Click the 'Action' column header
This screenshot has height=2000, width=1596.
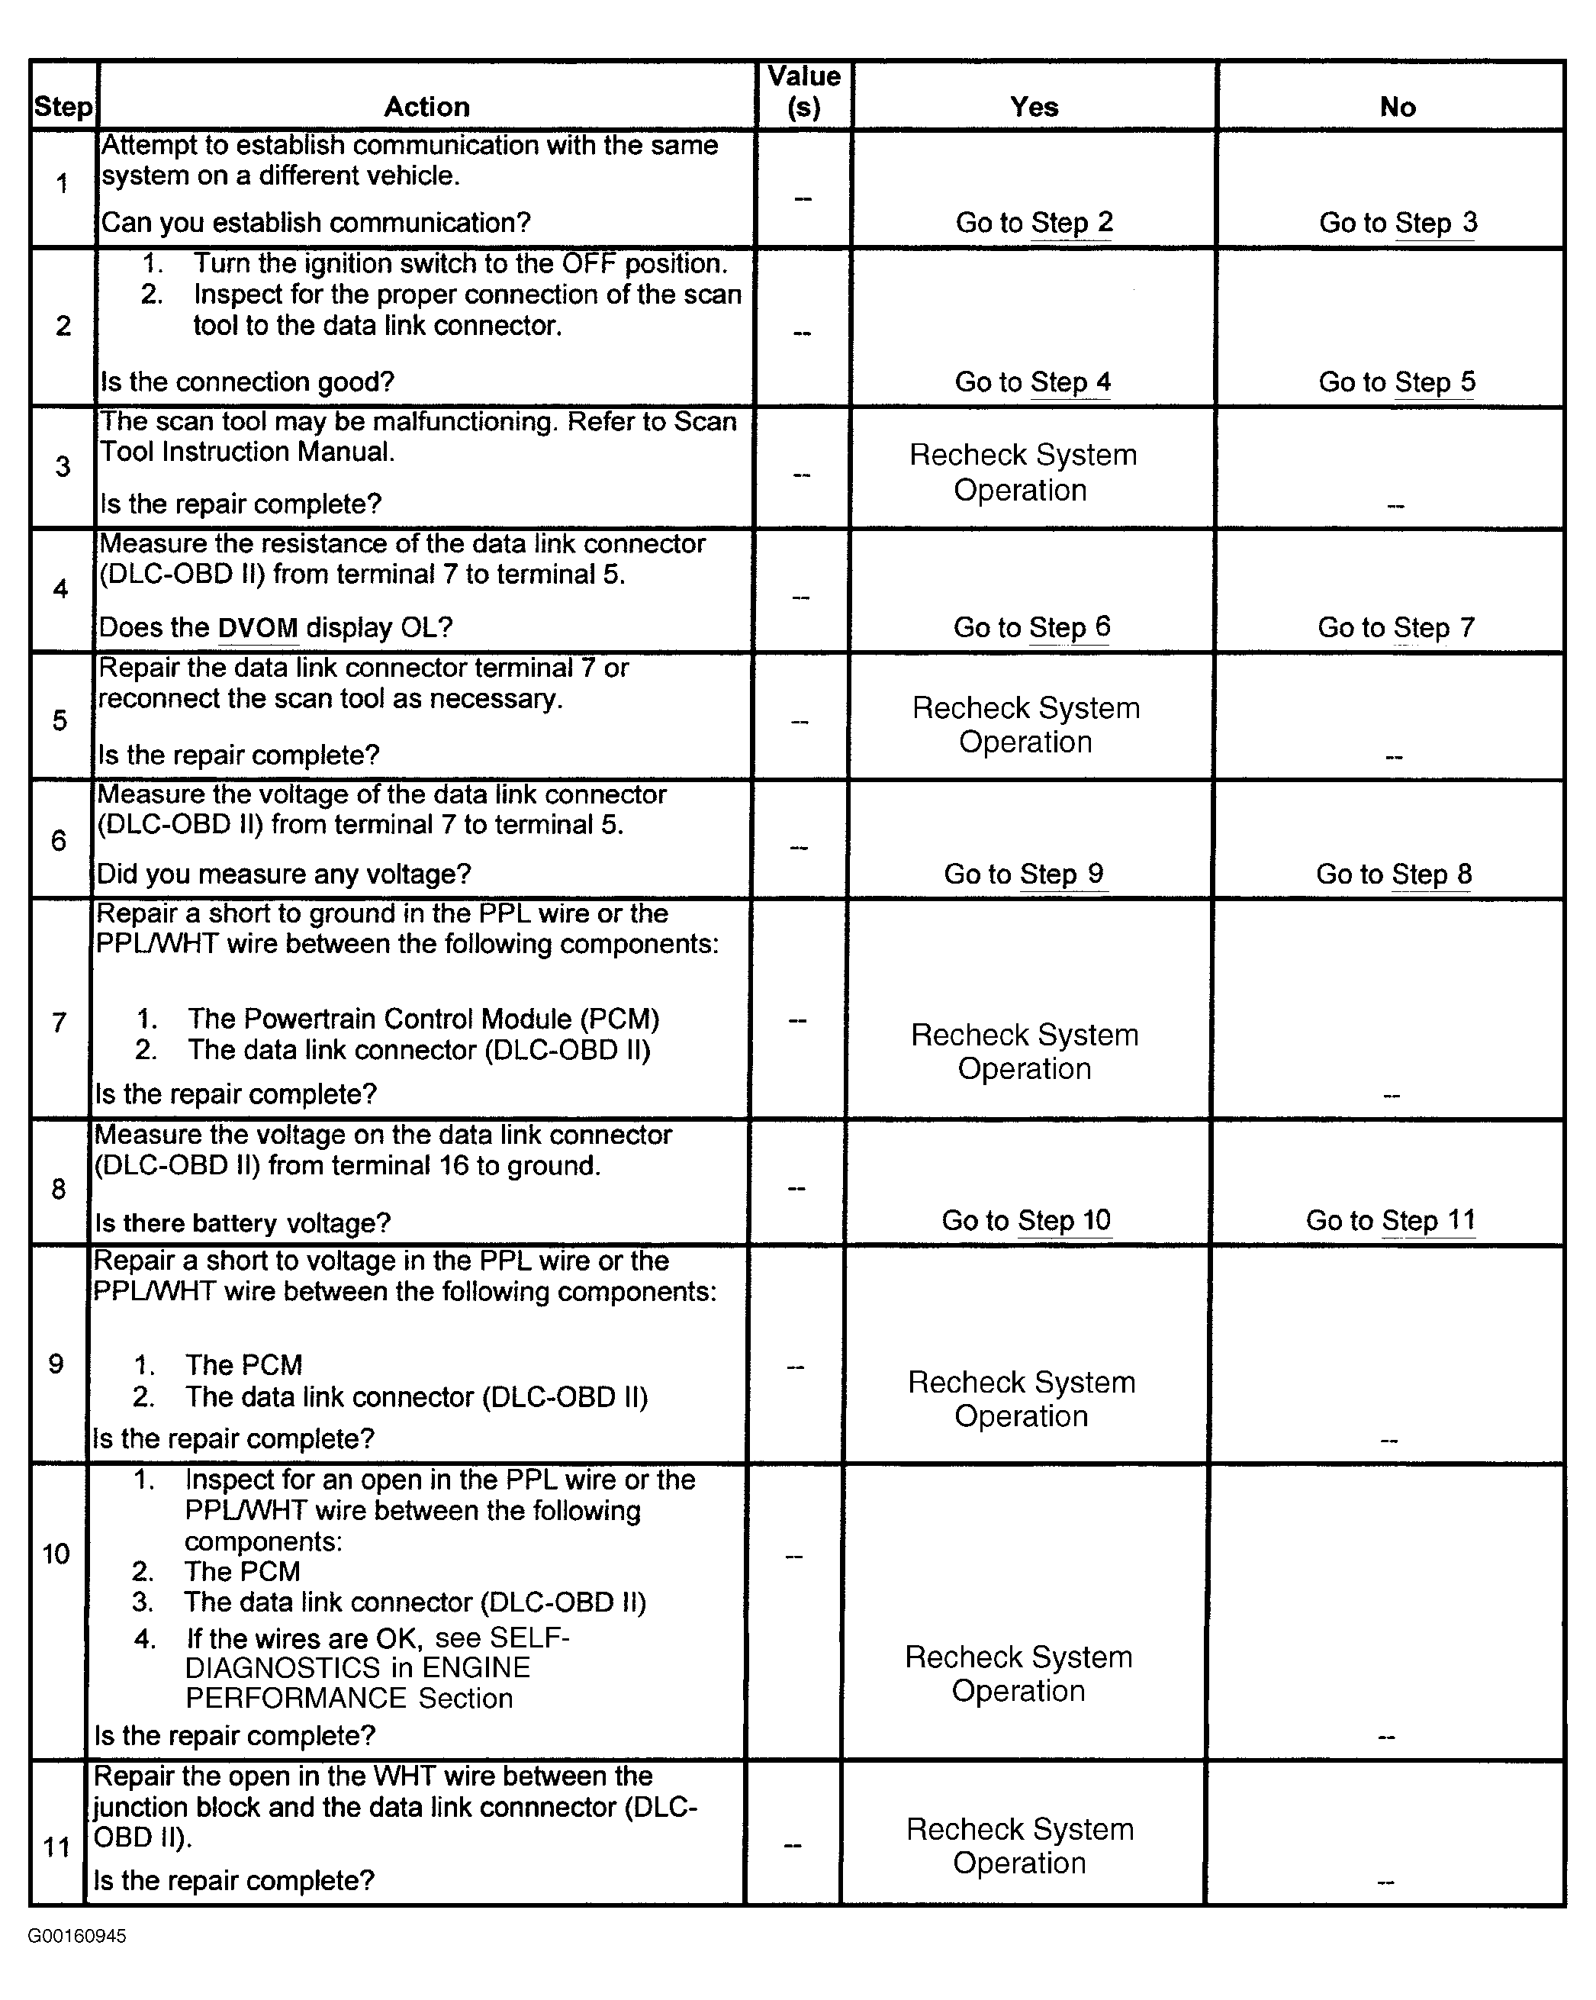[x=426, y=107]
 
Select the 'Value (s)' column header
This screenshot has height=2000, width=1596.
[x=804, y=92]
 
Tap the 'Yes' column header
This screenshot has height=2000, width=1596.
[x=1034, y=107]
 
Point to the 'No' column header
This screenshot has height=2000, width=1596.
[x=1398, y=107]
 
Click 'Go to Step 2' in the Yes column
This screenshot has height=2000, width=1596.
[x=1034, y=223]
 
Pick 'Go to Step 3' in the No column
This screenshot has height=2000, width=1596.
[x=1398, y=223]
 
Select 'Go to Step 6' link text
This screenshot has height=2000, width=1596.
[x=1031, y=627]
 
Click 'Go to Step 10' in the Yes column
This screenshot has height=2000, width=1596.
[x=1025, y=1220]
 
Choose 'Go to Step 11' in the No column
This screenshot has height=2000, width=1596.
[x=1390, y=1220]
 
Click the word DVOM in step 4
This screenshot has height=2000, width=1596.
[x=258, y=628]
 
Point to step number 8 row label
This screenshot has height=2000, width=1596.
[x=59, y=1188]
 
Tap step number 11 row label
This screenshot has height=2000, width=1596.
[x=56, y=1846]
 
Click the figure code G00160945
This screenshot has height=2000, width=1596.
[x=77, y=1936]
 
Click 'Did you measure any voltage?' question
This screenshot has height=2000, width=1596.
[x=284, y=874]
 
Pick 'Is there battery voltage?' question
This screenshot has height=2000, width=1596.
[x=242, y=1222]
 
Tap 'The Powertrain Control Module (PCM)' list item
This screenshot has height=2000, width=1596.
[x=423, y=1019]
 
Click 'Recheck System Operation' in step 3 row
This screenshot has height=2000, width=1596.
[x=1022, y=472]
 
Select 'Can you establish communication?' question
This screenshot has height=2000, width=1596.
[x=315, y=223]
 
